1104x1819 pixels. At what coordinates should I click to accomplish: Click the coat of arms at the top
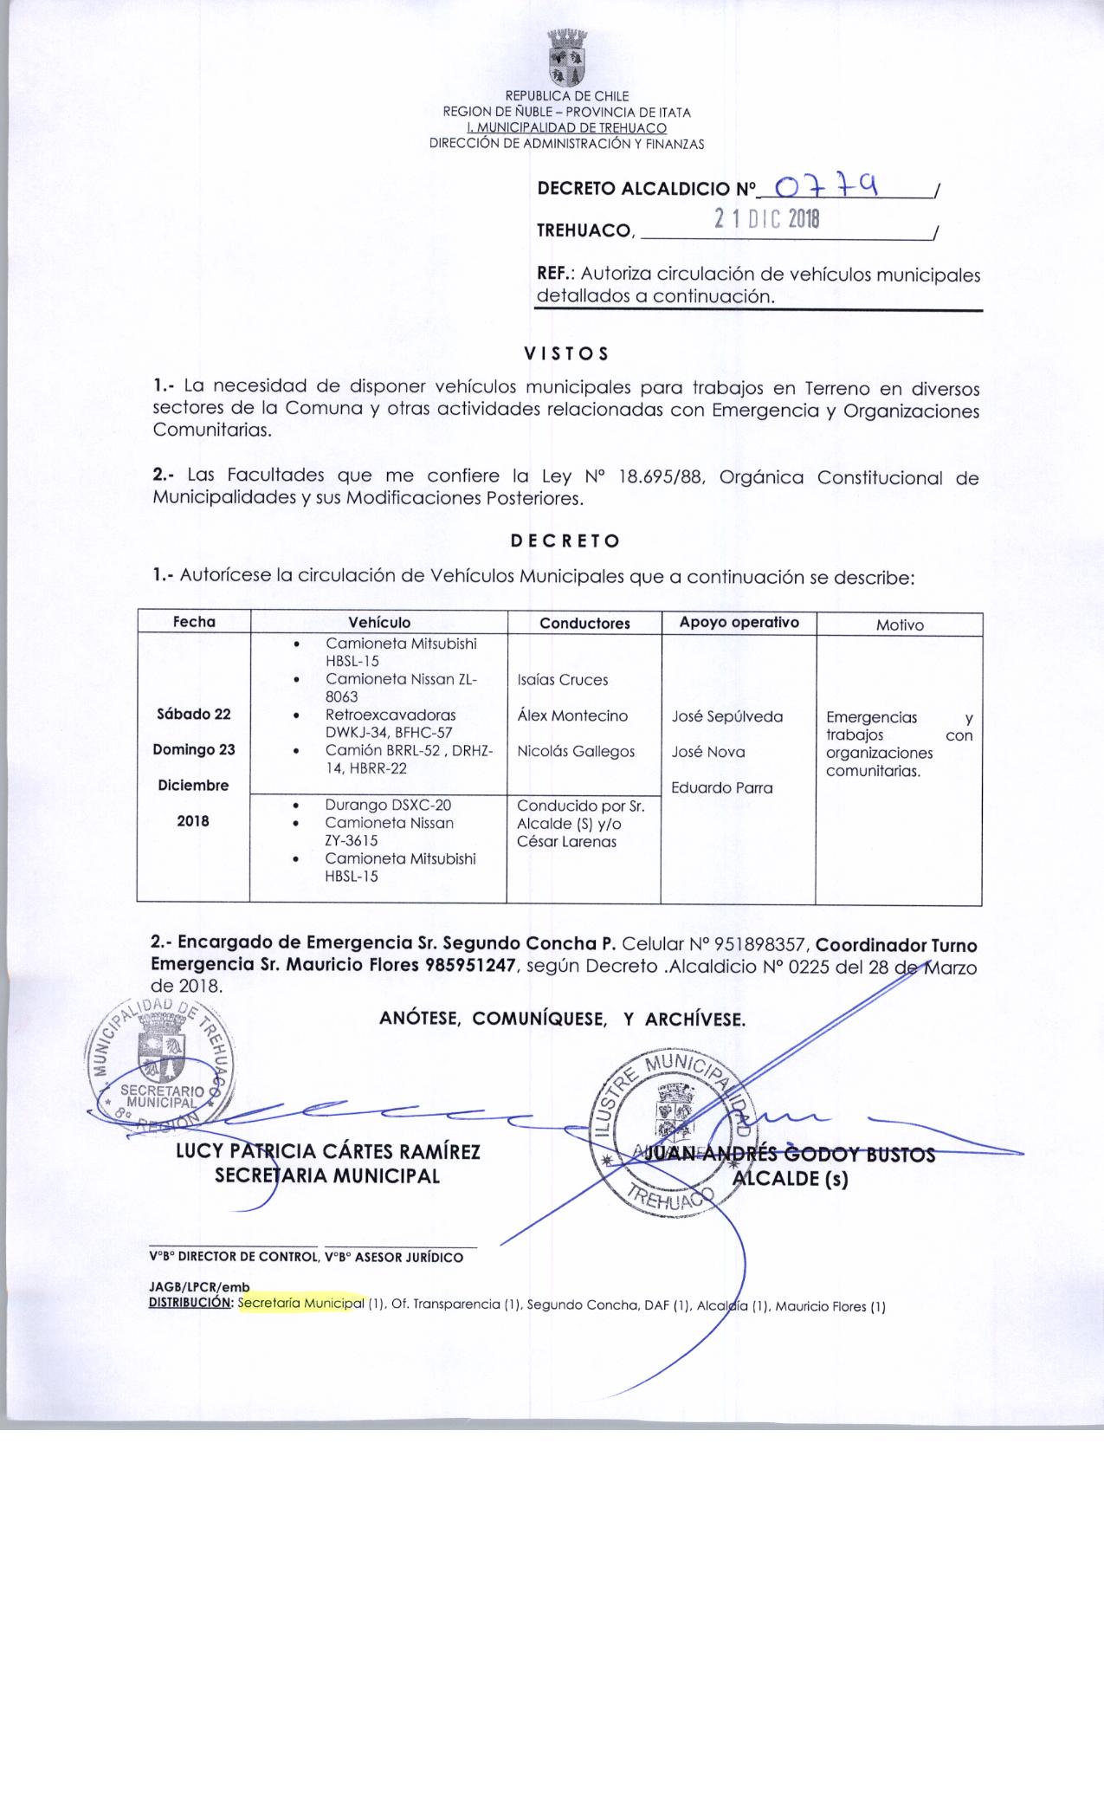pos(568,57)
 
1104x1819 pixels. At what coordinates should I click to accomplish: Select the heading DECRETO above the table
pos(565,541)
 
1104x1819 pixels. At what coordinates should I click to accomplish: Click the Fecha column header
pos(194,622)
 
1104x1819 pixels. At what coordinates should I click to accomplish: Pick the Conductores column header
pos(584,624)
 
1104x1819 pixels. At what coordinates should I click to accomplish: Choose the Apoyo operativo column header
pos(739,623)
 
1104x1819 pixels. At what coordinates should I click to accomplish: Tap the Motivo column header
pos(900,625)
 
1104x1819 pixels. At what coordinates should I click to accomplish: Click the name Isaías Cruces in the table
pos(563,680)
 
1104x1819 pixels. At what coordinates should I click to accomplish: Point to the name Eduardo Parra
pos(722,788)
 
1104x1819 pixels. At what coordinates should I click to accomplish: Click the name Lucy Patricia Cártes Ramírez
pos(328,1152)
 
